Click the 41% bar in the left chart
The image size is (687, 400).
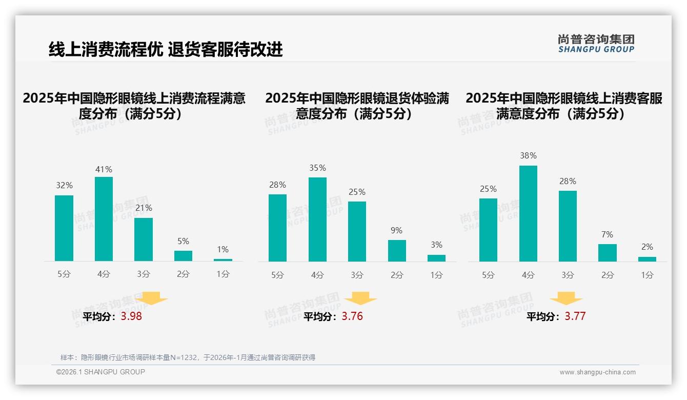[104, 219]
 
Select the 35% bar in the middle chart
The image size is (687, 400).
[317, 219]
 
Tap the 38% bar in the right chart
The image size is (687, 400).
[528, 213]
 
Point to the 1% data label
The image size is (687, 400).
[223, 250]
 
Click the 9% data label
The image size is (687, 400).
[396, 231]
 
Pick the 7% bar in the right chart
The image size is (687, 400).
[607, 253]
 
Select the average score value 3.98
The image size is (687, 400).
[131, 316]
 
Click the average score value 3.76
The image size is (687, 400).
[352, 316]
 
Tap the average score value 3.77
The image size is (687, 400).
[575, 316]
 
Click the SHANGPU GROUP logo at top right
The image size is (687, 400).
[596, 44]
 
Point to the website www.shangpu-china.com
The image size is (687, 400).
[597, 372]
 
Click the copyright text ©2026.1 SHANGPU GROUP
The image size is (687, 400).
[100, 372]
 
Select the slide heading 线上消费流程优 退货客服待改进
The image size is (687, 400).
[166, 50]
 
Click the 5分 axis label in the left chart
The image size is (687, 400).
[64, 274]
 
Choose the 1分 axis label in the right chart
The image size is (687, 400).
[647, 275]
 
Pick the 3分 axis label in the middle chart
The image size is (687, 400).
[357, 275]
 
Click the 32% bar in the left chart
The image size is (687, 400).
[64, 228]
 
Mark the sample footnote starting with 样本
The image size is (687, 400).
[188, 357]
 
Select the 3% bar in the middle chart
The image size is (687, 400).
[436, 258]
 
